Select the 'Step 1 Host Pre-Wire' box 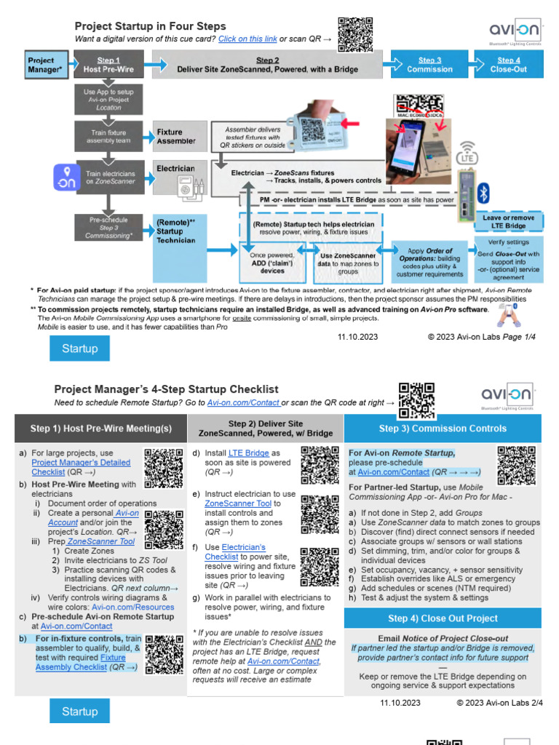[107, 65]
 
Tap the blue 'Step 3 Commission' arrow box [429, 65]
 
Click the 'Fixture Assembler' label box [176, 137]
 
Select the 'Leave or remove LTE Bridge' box [509, 222]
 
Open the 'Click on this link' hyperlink [247, 39]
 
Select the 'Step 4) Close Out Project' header [443, 618]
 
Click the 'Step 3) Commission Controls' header [443, 429]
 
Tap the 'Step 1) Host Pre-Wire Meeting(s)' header [101, 429]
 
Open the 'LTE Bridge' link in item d [248, 453]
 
